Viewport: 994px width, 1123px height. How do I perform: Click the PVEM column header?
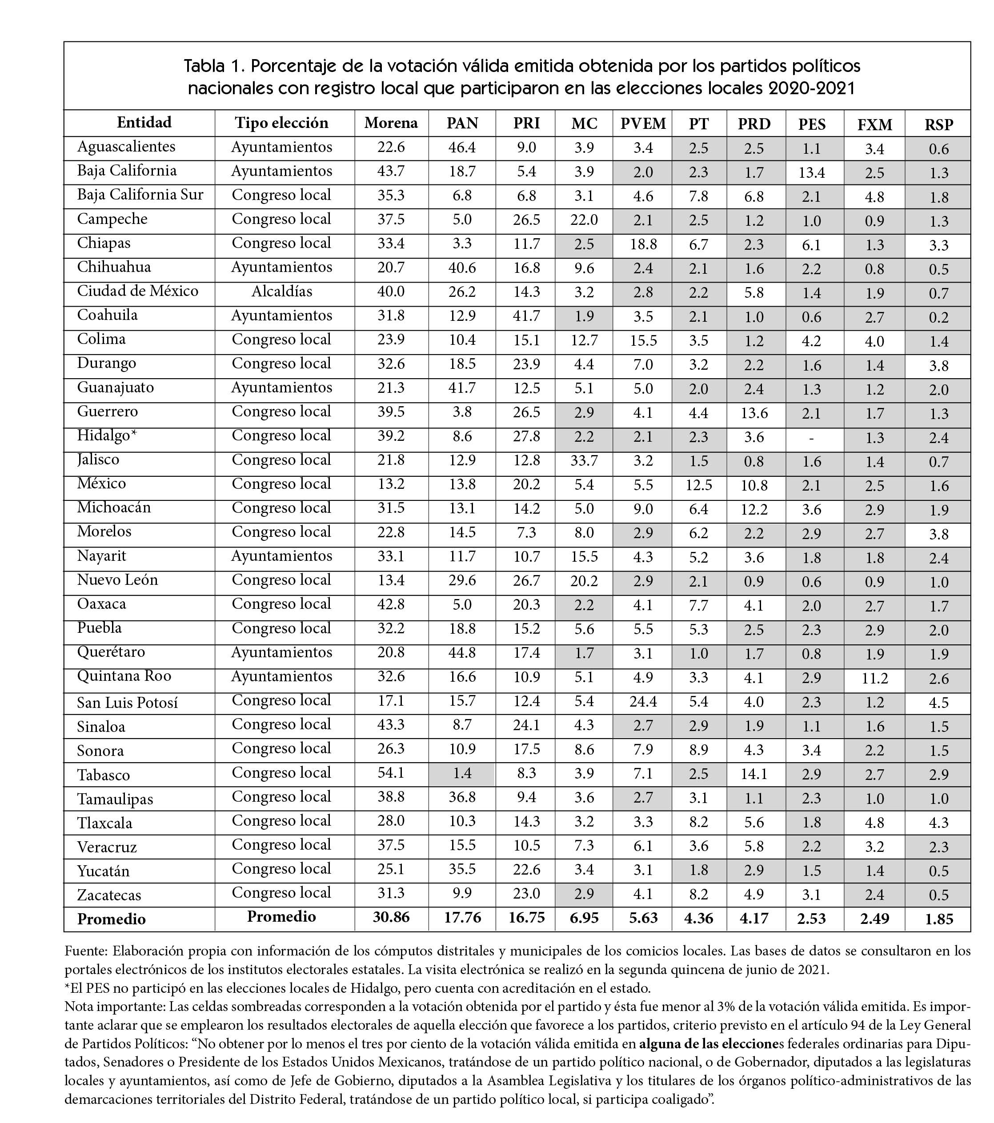pos(642,124)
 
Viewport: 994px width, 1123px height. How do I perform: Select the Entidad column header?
pos(144,123)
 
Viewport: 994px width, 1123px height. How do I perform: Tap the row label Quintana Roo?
pos(124,676)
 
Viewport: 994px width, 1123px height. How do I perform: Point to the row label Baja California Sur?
pos(140,195)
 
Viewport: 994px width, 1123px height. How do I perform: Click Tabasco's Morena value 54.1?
pos(391,772)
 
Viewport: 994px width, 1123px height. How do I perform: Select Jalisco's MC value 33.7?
pos(584,460)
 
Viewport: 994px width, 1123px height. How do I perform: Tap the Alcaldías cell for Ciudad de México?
pos(281,291)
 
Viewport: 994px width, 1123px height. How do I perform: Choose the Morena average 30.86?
pos(391,918)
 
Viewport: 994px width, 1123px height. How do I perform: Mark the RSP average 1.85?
pos(938,919)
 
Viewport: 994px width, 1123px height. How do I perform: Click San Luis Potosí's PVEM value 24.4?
pos(642,701)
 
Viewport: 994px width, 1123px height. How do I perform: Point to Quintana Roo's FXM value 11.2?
pos(874,679)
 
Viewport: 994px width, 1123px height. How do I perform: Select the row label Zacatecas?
pos(109,895)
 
